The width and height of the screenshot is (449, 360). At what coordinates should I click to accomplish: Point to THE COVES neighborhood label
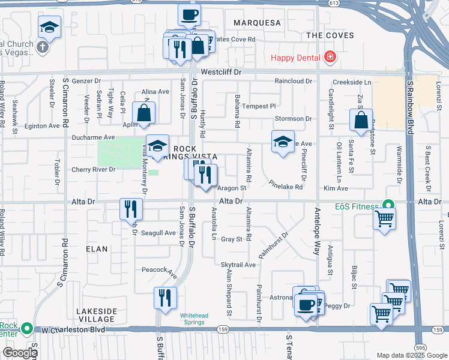[330, 35]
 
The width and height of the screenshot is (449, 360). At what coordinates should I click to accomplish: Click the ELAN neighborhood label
[96, 248]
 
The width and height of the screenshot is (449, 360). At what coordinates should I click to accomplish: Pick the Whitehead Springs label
[193, 318]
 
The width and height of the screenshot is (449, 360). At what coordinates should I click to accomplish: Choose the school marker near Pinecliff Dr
[283, 142]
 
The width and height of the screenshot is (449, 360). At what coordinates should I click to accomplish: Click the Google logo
[19, 353]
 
